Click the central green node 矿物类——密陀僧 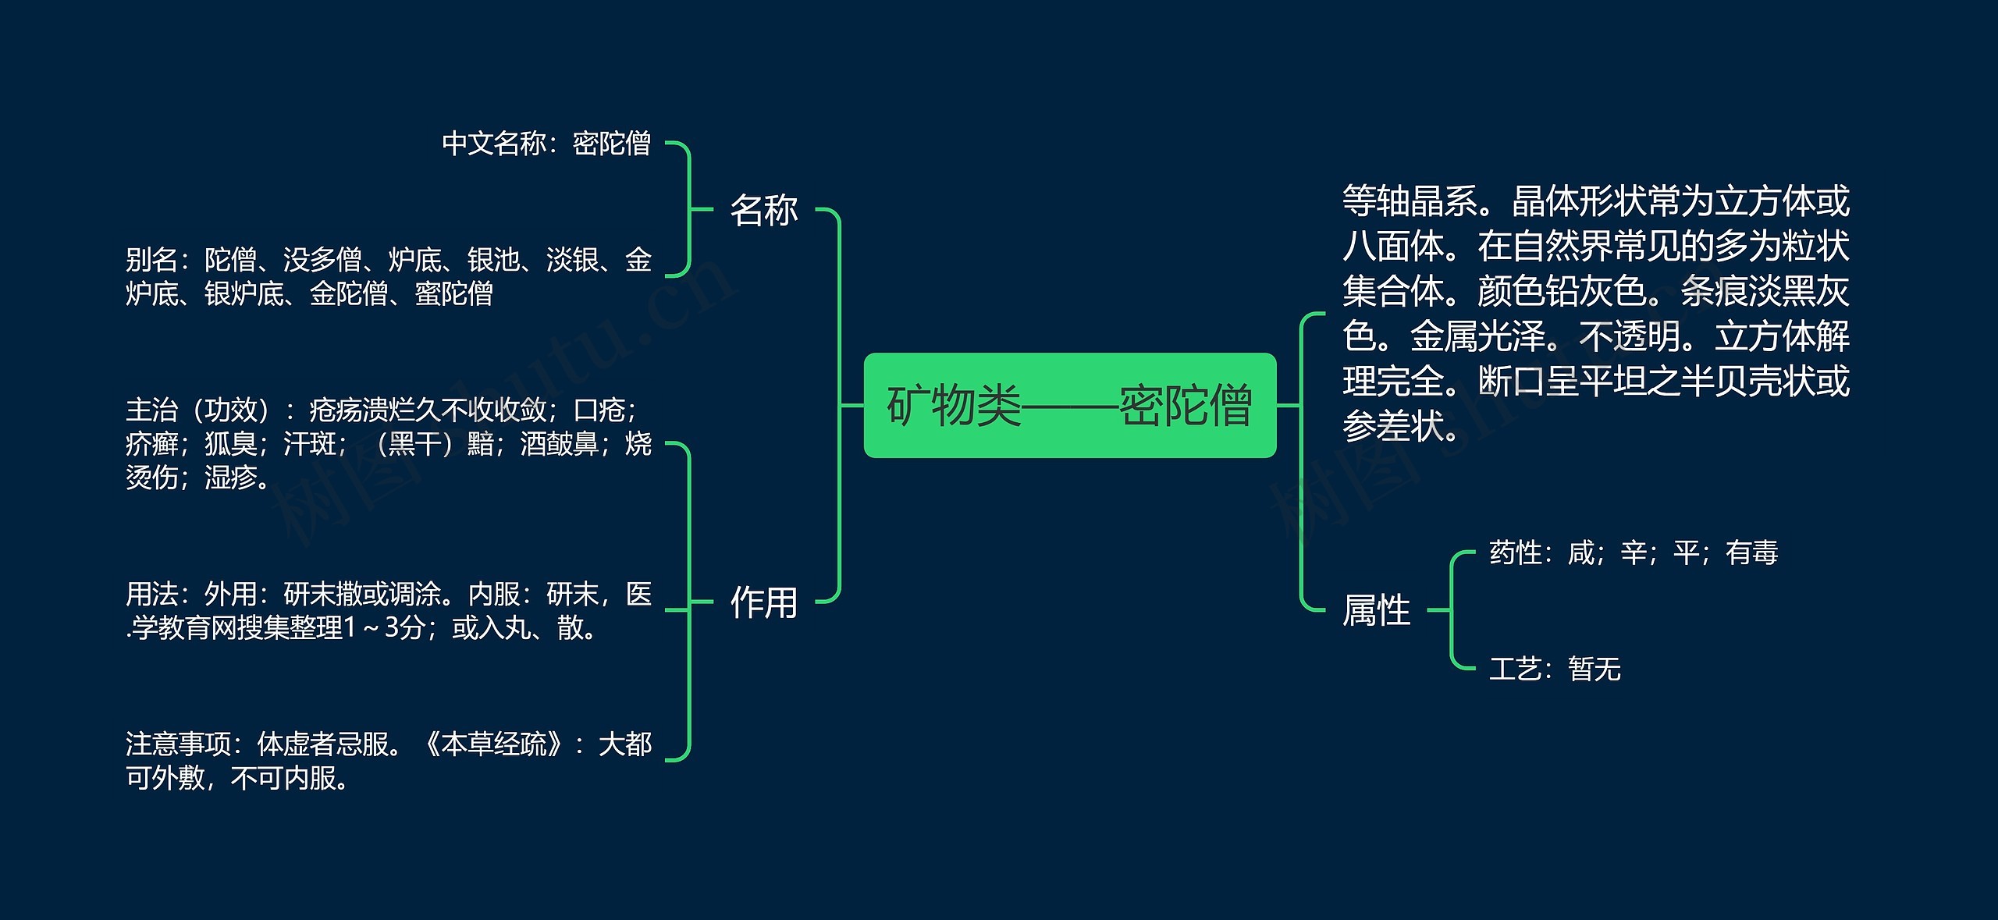pos(1069,405)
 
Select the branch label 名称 pos(763,210)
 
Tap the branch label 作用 pos(763,602)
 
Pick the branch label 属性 pos(1376,610)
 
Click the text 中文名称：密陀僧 pos(546,144)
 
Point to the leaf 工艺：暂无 pos(1554,669)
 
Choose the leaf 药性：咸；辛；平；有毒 pos(1633,553)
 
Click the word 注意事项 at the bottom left pos(178,744)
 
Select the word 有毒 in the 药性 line pos(1751,553)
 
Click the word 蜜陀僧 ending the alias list pos(453,294)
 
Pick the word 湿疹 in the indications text pos(231,478)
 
